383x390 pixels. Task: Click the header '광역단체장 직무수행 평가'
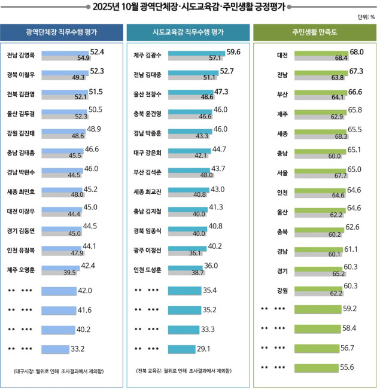pyautogui.click(x=62, y=32)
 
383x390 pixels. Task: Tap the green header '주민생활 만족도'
pyautogui.click(x=315, y=32)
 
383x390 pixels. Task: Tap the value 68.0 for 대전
pyautogui.click(x=357, y=51)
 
